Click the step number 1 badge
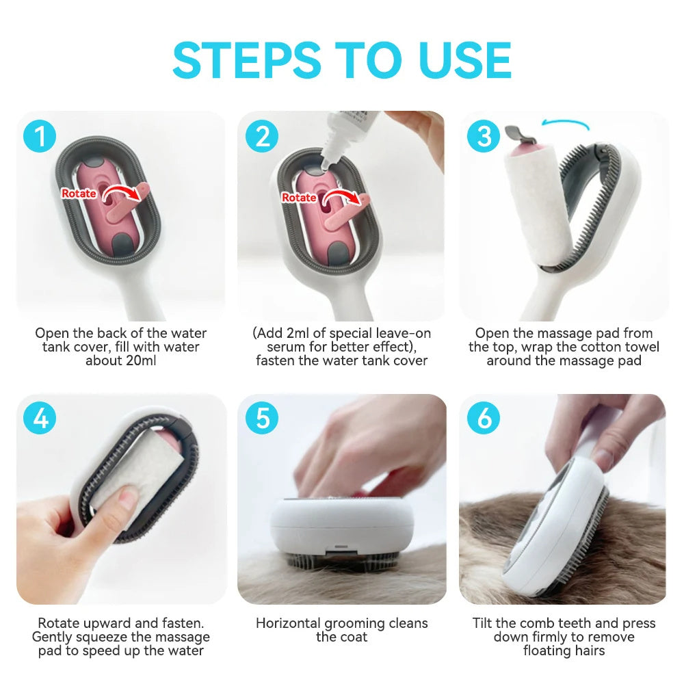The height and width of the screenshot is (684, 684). [x=40, y=137]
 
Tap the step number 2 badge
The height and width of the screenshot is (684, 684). [x=262, y=137]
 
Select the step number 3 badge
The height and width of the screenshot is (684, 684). [x=484, y=137]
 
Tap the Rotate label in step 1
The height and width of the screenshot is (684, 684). [x=79, y=194]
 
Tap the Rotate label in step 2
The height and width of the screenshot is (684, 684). [x=299, y=198]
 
